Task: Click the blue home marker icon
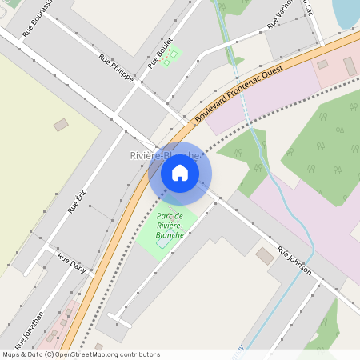click(180, 173)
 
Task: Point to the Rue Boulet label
click(160, 54)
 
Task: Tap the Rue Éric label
click(77, 197)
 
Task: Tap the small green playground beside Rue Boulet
click(170, 58)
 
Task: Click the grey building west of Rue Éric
click(61, 125)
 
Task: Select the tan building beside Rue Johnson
click(264, 255)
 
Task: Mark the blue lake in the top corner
click(347, 10)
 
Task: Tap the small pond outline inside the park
click(162, 242)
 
